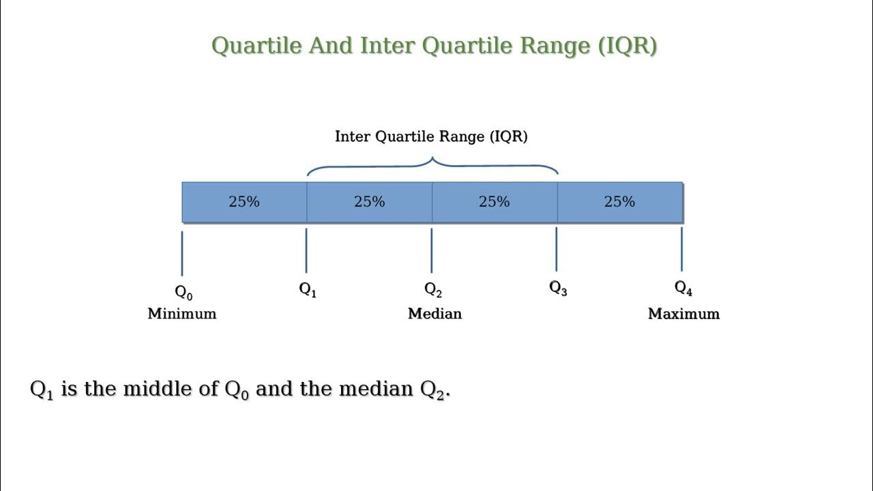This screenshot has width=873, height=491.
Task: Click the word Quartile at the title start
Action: pos(257,46)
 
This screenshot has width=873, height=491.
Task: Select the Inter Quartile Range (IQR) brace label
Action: pos(431,136)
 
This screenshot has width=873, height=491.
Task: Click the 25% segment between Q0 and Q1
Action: pos(244,202)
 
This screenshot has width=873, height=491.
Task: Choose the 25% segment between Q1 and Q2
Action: pos(369,202)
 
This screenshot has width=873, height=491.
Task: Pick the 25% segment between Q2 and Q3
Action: pos(494,202)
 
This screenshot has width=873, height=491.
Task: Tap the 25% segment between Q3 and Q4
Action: pos(619,202)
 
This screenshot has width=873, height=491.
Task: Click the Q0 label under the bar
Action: pos(183,293)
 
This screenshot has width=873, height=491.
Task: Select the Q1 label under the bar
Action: pos(308,289)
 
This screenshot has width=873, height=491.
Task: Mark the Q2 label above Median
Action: pos(433,290)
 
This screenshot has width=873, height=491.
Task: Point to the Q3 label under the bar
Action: pos(558,288)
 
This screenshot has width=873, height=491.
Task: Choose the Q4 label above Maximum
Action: pos(683,288)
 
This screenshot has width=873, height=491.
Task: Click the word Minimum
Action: pos(182,314)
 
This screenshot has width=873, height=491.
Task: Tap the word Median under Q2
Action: pos(434,314)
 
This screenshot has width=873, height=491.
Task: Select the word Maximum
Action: pos(683,314)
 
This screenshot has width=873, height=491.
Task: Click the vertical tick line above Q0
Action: pos(182,253)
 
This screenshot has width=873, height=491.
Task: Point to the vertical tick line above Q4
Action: pos(681,250)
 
